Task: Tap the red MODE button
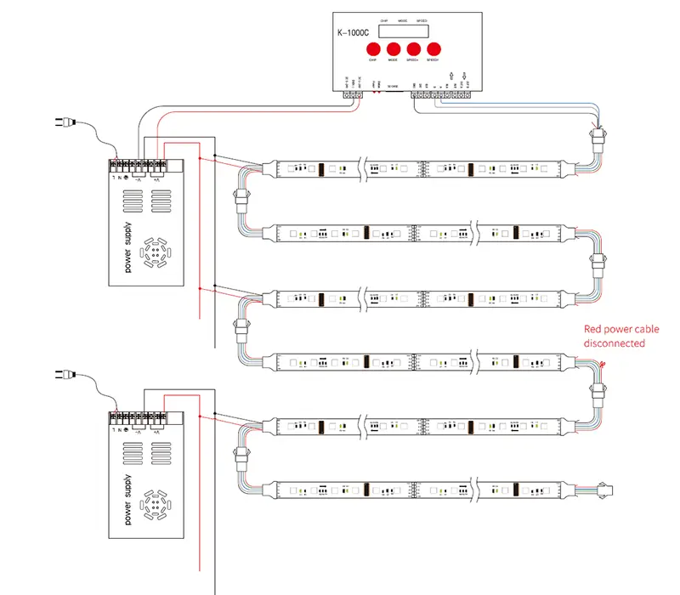pyautogui.click(x=394, y=48)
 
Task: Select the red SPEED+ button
pyautogui.click(x=414, y=48)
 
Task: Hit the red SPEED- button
pyautogui.click(x=434, y=48)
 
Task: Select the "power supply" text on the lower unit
pyautogui.click(x=128, y=501)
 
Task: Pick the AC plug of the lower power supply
pyautogui.click(x=64, y=374)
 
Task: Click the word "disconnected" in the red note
pyautogui.click(x=614, y=343)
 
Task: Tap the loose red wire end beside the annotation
pyautogui.click(x=602, y=364)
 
